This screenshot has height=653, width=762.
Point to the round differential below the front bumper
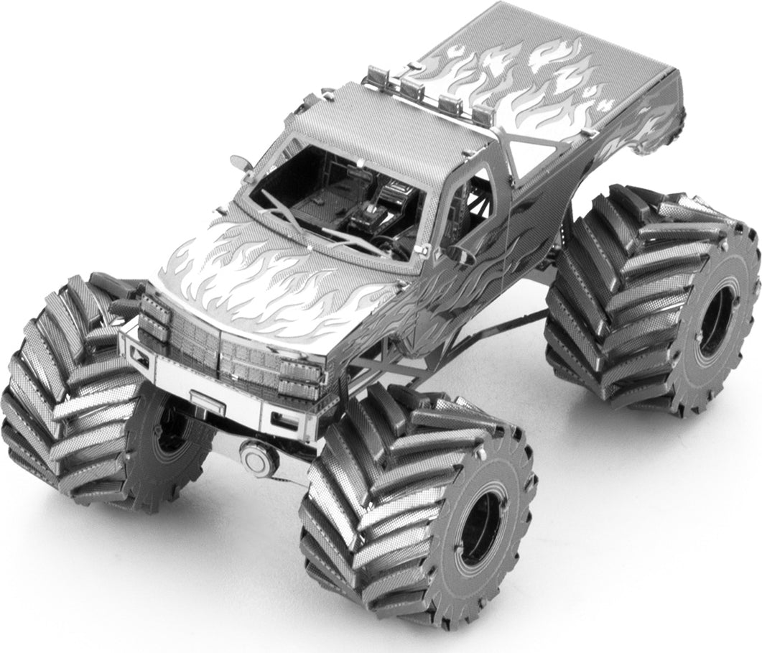click(x=254, y=454)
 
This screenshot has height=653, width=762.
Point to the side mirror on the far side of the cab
click(x=241, y=162)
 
